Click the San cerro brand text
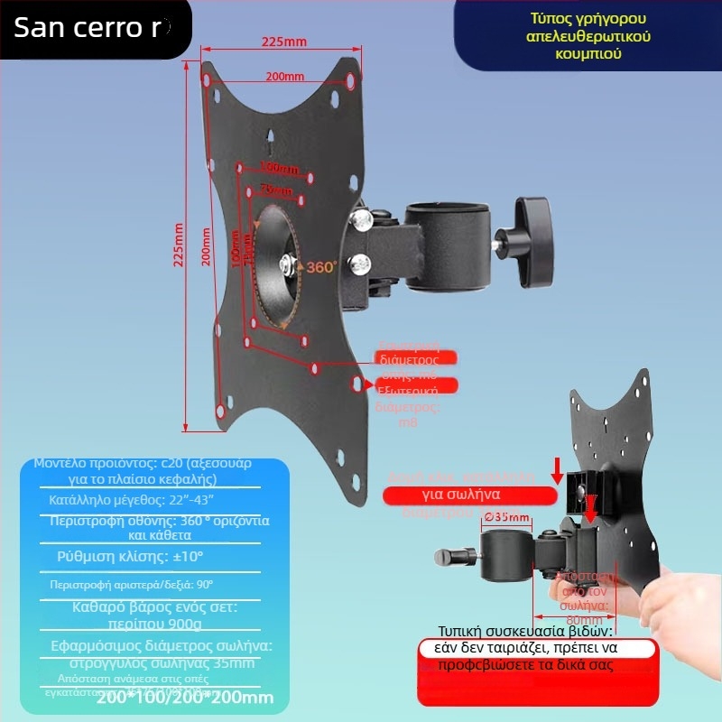pos(90,28)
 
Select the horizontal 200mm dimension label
pos(284,77)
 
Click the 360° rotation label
pos(321,267)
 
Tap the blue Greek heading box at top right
pos(589,36)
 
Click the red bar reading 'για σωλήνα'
pos(468,495)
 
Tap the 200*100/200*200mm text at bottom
pos(184,697)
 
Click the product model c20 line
pos(143,470)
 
